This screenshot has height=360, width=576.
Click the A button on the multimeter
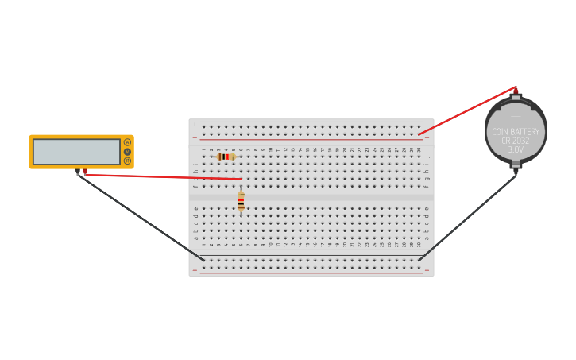[127, 142]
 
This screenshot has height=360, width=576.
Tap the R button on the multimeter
[127, 161]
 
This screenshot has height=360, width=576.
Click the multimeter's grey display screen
[76, 151]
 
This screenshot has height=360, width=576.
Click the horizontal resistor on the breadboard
[226, 157]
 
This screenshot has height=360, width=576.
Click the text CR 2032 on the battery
[516, 141]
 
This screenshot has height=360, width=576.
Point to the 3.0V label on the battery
[516, 149]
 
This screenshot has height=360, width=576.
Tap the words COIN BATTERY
[516, 131]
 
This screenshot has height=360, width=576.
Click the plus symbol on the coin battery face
[516, 116]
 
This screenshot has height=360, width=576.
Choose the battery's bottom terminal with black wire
[516, 169]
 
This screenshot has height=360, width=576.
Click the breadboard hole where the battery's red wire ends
[419, 134]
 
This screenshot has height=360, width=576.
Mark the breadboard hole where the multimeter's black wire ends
[203, 260]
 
